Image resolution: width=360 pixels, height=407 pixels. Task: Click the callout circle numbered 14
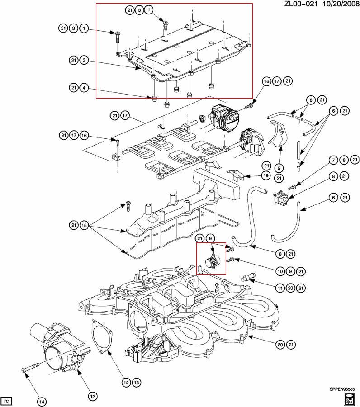[x=42, y=401]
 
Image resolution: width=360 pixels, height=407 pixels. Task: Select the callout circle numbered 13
[x=92, y=397]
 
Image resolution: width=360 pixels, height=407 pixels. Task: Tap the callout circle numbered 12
[x=126, y=383]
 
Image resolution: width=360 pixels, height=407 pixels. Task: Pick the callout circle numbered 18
[x=136, y=383]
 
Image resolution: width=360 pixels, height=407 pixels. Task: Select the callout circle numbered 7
[x=333, y=160]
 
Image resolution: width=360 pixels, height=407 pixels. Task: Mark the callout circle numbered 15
[x=84, y=225]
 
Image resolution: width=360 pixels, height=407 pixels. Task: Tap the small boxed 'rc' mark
[x=7, y=401]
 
